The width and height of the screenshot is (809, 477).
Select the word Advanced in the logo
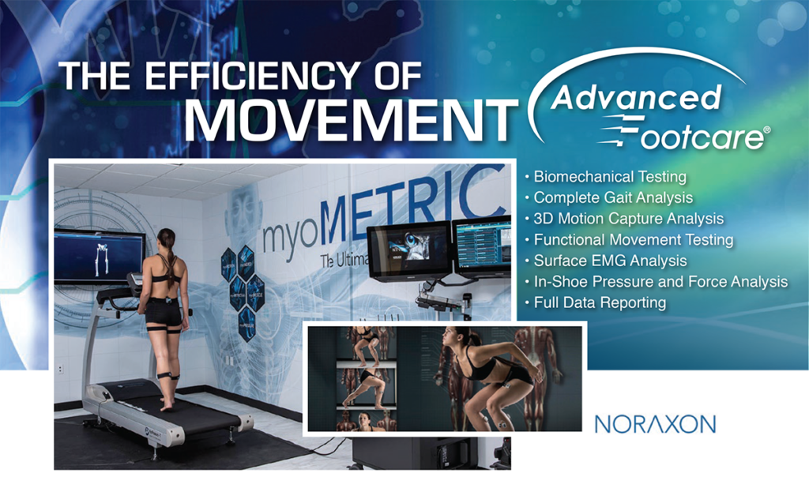click(635, 98)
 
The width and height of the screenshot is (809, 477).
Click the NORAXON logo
click(655, 423)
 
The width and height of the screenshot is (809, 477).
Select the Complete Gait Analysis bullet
click(613, 197)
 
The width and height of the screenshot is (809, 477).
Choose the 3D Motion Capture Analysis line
click(628, 219)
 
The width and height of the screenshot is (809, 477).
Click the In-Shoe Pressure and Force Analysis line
click(660, 281)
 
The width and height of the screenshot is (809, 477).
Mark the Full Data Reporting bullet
click(600, 302)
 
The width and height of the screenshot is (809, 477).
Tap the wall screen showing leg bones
click(99, 256)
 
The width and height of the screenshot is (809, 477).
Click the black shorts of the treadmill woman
click(164, 312)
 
